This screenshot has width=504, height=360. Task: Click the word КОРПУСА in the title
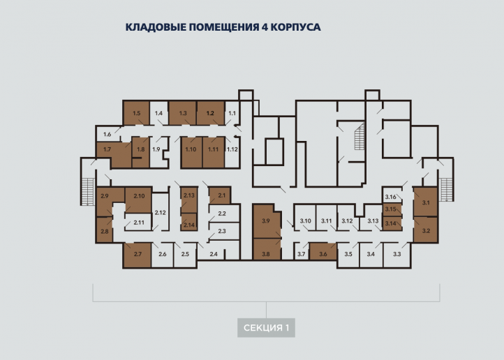pos(295,27)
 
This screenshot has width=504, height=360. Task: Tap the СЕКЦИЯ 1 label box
pos(266,328)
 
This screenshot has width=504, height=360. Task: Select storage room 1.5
pos(137,113)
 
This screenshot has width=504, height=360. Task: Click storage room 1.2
pos(211,113)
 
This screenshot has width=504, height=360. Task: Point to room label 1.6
pos(107,134)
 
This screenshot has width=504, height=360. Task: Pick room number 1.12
pos(232,149)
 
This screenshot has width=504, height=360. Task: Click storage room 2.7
pos(138,255)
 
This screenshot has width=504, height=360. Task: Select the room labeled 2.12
pos(160,212)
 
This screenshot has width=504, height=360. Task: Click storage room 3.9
pos(267,222)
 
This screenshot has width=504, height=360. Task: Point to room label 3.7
pos(301,254)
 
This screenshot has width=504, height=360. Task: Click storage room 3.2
pos(426,230)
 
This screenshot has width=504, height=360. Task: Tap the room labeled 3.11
pos(326,221)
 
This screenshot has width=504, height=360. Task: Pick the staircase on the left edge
pos(87,191)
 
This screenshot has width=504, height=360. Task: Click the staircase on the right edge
pos(446,190)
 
